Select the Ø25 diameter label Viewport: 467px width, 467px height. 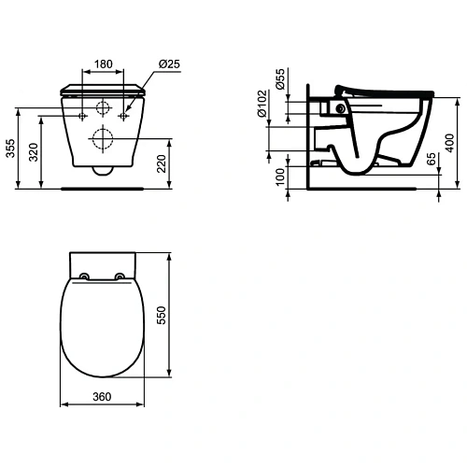tap(169, 64)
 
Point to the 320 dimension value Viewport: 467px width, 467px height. tap(33, 151)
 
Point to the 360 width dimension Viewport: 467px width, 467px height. tap(103, 397)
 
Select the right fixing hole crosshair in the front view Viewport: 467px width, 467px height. tap(121, 114)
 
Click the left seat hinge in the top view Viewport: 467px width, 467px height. tap(85, 276)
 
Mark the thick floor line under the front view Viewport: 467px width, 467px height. tap(103, 188)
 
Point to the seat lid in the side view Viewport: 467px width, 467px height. tap(392, 89)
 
